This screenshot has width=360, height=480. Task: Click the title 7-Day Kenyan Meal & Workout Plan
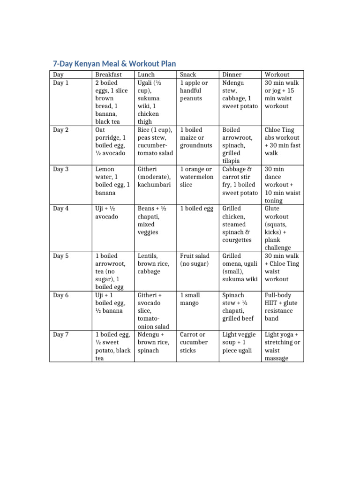point(114,63)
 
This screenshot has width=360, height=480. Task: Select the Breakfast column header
point(108,75)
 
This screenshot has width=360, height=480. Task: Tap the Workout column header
point(277,75)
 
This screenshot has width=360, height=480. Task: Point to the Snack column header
point(188,75)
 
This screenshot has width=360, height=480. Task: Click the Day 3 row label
point(61,169)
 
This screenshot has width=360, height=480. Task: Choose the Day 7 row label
point(61,335)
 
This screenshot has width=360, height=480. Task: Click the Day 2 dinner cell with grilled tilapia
point(240,145)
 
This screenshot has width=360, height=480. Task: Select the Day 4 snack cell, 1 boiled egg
point(197,209)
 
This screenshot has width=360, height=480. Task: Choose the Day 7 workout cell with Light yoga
point(282,346)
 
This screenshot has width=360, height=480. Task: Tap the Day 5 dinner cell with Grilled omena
point(240,268)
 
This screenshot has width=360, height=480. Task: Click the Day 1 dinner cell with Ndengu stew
point(240,94)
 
